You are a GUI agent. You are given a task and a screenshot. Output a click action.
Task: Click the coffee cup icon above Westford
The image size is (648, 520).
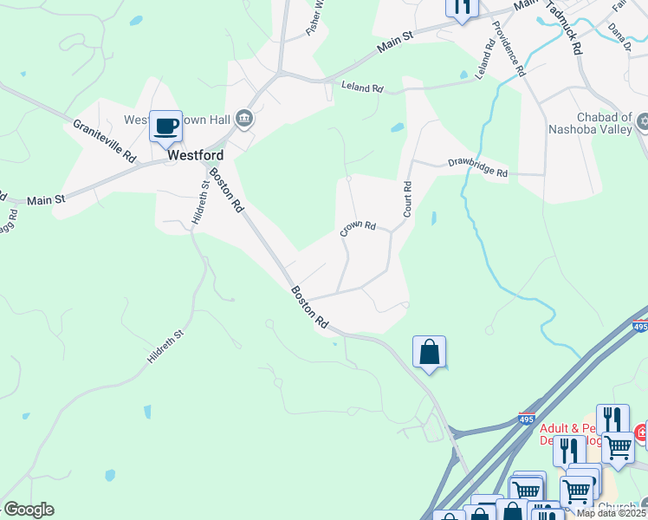[165, 127]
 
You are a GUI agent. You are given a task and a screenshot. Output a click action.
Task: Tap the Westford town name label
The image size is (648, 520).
[195, 156]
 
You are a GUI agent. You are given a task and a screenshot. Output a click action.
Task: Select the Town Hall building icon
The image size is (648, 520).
[244, 118]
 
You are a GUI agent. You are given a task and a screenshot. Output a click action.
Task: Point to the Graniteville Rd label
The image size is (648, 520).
[104, 141]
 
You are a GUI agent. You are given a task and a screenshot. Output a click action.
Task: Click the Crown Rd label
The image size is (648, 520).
[358, 228]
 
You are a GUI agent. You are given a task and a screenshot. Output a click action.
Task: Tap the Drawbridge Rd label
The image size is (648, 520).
[477, 167]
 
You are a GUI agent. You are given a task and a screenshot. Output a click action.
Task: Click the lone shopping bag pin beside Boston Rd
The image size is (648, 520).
[429, 353]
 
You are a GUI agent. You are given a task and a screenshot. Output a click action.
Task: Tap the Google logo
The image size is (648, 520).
[29, 510]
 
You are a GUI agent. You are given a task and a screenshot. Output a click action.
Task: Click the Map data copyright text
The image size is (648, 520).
[612, 513]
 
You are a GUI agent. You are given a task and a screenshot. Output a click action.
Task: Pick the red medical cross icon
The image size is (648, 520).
[643, 431]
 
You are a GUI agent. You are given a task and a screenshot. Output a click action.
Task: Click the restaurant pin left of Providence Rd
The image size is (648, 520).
[462, 7]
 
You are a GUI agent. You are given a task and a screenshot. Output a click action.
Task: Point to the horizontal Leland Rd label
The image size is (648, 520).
[362, 88]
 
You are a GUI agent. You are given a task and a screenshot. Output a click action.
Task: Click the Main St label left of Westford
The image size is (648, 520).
[46, 200]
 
